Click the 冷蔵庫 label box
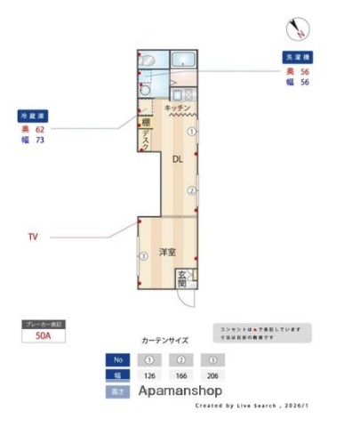[x=32, y=116]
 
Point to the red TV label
[x=33, y=238]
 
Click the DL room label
[x=177, y=158]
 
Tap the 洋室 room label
[x=168, y=253]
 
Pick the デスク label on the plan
[x=145, y=139]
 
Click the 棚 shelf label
[x=145, y=123]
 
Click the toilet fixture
[x=147, y=60]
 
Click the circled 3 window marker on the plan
[x=142, y=258]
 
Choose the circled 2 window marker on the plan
[x=190, y=190]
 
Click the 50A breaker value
[x=42, y=337]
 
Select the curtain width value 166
[x=182, y=375]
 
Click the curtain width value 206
[x=212, y=375]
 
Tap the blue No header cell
[x=116, y=360]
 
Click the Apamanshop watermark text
[x=180, y=391]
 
